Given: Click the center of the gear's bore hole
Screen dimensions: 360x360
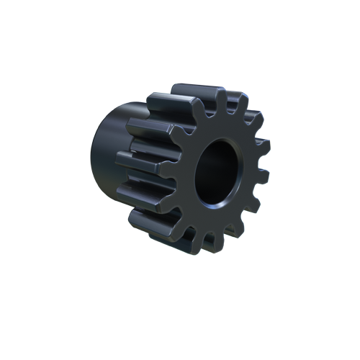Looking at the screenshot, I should click(x=217, y=172).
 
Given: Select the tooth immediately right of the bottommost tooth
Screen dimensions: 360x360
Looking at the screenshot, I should click(x=232, y=240).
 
